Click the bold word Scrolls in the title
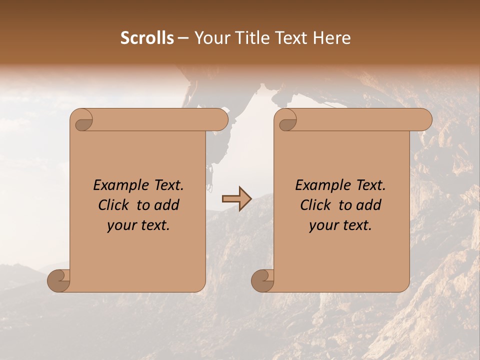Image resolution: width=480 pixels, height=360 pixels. pos(147,38)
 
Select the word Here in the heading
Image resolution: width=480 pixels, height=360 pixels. pos(332,38)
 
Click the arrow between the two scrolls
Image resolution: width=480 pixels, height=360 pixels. pos(236,198)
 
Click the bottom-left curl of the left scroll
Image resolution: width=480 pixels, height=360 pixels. pos(58,280)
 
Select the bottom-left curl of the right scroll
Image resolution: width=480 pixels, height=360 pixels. pos(262,280)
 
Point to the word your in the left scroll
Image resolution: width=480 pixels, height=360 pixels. pos(120,225)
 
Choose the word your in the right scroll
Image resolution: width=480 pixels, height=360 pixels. pos(322,225)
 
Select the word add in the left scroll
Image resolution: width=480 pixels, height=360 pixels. pos(168,205)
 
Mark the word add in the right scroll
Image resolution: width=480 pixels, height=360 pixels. pos(370,205)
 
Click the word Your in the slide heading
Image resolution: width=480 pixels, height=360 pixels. pos(213,38)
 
